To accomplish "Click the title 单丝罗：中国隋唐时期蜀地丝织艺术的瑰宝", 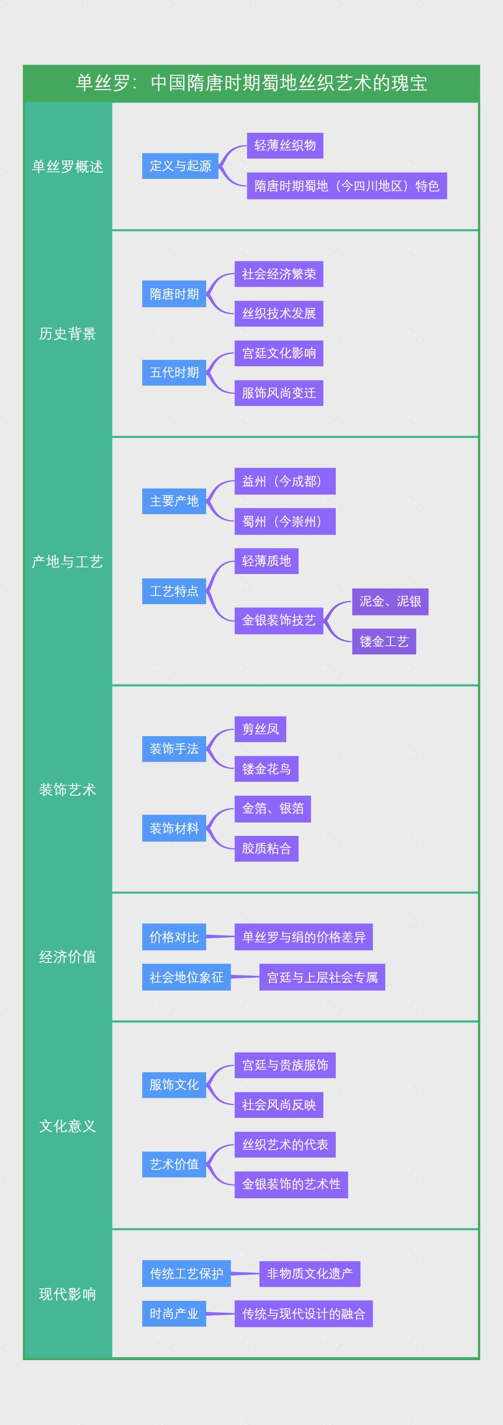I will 251,83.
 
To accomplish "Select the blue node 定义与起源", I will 180,166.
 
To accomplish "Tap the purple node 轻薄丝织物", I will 285,145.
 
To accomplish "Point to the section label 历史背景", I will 67,334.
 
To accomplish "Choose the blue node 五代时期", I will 174,372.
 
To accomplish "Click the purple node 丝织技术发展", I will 278,314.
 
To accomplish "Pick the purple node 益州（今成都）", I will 285,481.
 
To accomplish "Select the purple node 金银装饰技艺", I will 278,621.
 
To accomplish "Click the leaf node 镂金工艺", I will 384,642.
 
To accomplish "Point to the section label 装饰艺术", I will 67,789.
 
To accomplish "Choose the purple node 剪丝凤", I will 260,729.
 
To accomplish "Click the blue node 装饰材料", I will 174,828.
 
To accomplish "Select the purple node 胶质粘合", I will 266,848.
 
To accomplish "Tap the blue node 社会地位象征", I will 186,978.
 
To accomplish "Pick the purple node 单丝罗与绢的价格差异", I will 303,937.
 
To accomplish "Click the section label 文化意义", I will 67,1126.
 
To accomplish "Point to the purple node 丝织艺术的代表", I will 285,1145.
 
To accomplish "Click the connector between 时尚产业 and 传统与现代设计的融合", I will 220,1314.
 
